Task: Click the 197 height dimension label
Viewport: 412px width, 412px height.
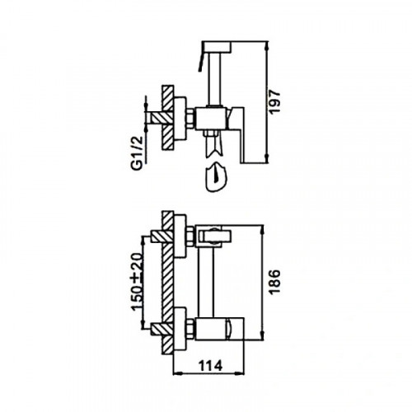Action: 274,101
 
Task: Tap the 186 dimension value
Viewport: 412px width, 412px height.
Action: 274,282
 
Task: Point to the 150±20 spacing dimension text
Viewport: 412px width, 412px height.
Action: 137,282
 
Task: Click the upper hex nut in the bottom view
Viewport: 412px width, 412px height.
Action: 190,236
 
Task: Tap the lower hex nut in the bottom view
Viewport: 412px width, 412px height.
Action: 190,329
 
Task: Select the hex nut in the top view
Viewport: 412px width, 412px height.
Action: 190,119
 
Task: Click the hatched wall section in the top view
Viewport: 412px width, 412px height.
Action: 168,118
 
